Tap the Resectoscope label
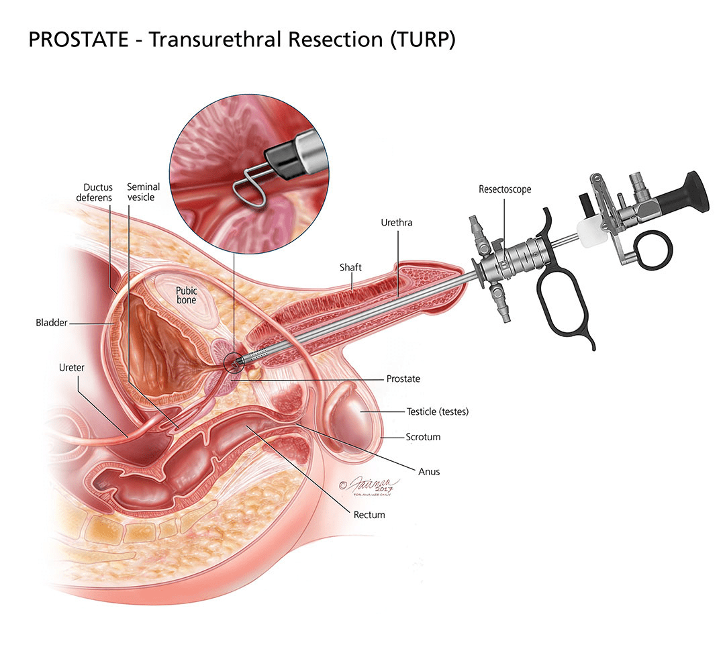point(505,189)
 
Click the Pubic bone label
point(186,295)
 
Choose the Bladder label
point(52,323)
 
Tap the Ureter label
point(70,368)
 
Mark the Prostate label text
point(403,379)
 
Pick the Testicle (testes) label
point(437,411)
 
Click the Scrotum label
point(423,437)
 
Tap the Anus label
point(428,471)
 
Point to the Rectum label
point(369,515)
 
